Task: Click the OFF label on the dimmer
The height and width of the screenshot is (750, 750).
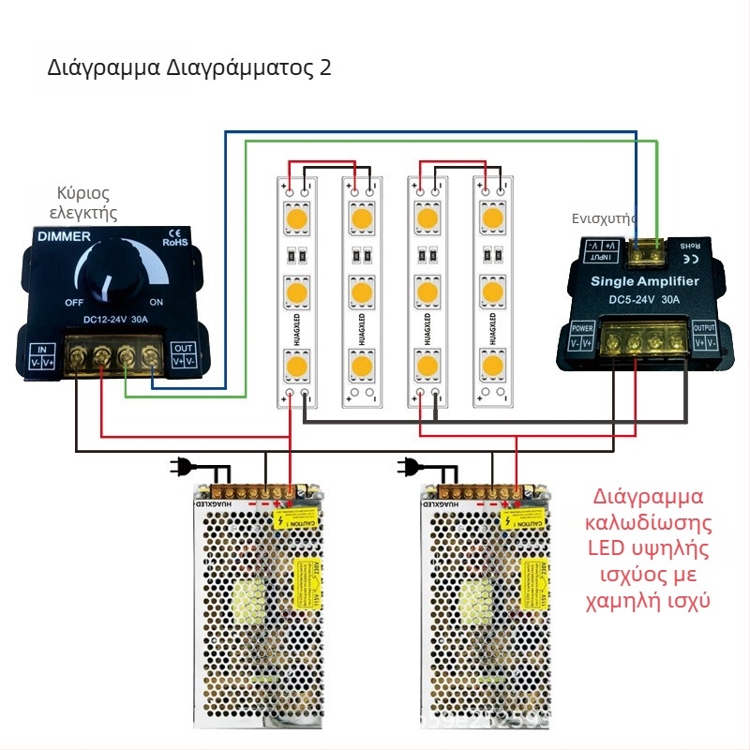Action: (75, 303)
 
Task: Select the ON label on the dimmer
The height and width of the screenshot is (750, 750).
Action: (157, 302)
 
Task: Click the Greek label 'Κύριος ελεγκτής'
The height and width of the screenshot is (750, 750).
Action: (82, 202)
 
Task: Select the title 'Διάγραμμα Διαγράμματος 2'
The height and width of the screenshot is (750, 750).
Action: (188, 68)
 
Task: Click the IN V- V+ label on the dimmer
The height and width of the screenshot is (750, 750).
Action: (46, 353)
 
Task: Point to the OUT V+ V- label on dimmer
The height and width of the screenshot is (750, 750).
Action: (184, 353)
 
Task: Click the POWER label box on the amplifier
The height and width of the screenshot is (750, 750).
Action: (582, 335)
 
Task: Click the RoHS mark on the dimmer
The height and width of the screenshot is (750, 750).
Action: (175, 242)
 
